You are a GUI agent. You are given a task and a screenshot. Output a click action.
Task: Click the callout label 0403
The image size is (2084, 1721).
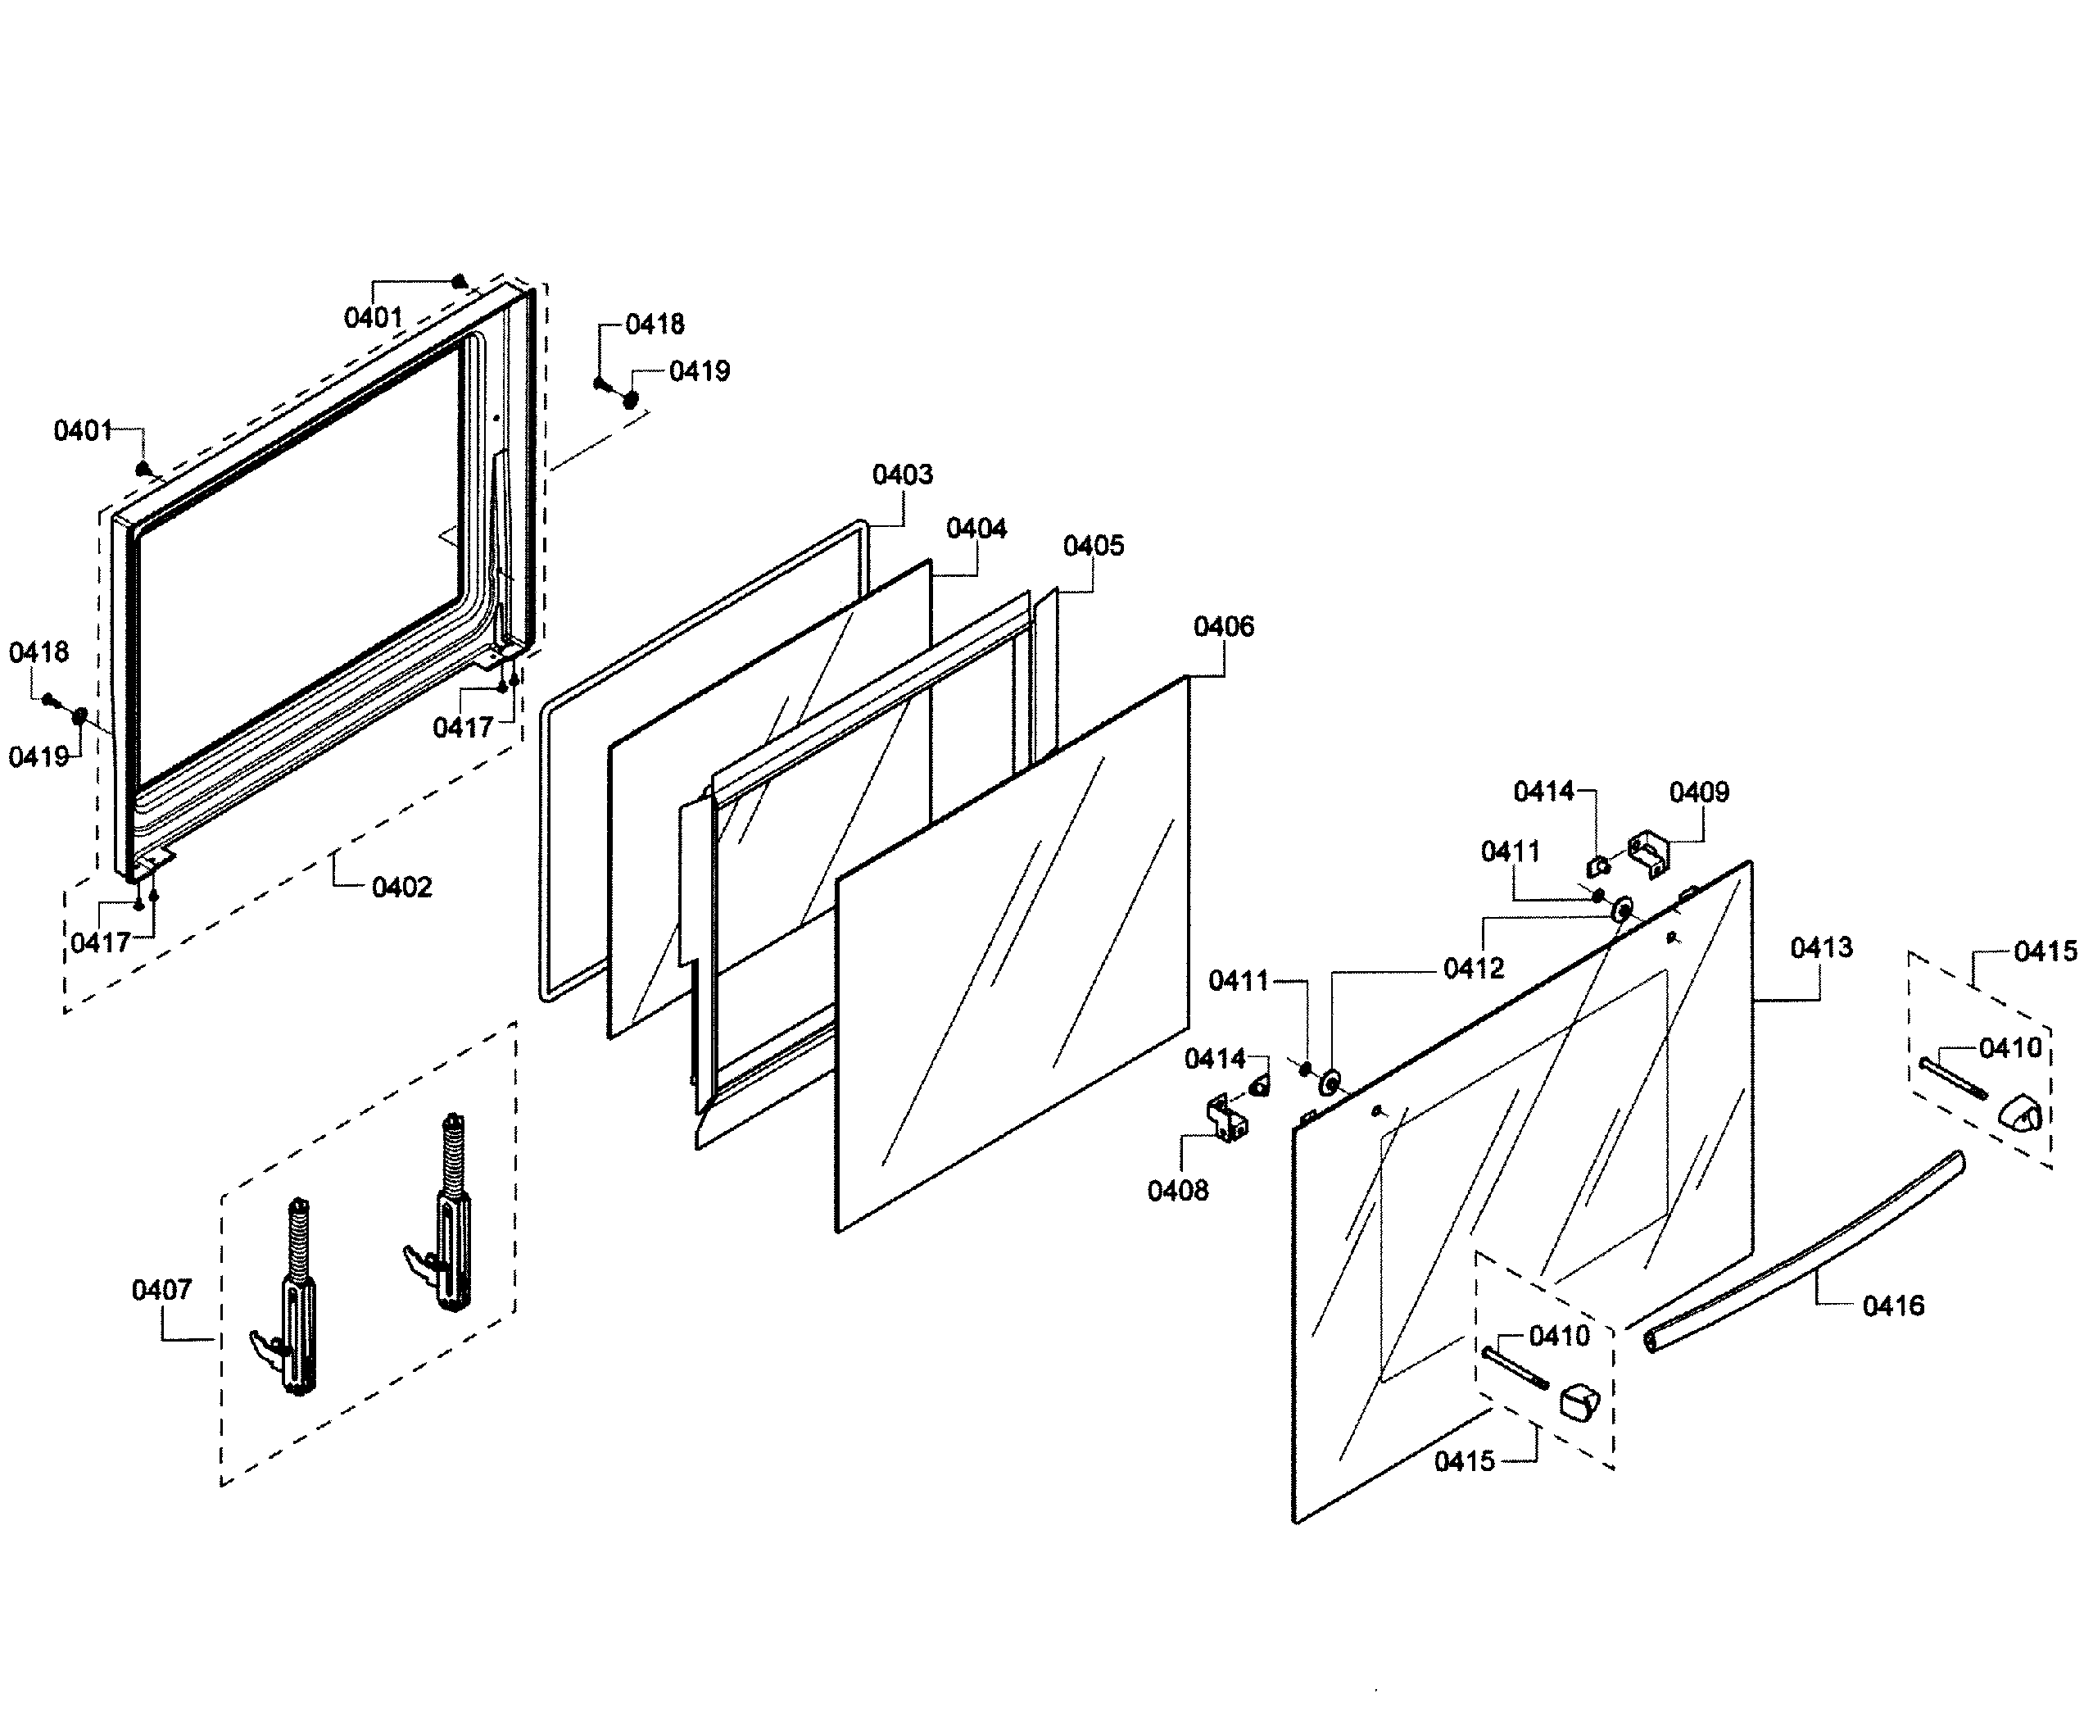tap(902, 475)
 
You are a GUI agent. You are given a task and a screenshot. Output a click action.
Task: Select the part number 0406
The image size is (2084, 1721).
tap(1223, 627)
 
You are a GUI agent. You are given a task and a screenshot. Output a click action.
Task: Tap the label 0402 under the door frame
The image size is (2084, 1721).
tap(401, 888)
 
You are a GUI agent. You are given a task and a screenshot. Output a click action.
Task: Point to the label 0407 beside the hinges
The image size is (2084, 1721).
tap(161, 1290)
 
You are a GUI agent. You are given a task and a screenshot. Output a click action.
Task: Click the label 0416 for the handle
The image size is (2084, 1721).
tap(1893, 1306)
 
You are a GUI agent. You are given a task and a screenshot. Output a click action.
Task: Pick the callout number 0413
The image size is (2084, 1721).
tap(1820, 947)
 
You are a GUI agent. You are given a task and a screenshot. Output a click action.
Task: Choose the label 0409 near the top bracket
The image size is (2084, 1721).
tap(1698, 792)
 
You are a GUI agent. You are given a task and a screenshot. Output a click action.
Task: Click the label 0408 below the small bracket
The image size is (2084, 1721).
tap(1177, 1191)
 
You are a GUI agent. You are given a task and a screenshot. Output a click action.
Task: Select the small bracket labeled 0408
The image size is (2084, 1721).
tap(1227, 1119)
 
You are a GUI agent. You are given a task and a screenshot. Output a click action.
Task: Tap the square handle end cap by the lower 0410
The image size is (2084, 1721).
tap(1578, 1401)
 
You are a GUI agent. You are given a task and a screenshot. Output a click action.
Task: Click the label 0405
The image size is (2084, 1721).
tap(1093, 547)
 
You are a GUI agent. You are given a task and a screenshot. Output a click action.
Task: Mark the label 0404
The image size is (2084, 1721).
tap(976, 529)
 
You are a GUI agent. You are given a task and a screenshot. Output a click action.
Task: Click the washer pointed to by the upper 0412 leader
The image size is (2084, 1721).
tap(1623, 909)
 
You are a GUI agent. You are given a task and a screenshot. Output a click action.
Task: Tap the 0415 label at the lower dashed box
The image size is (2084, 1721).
tap(1464, 1462)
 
